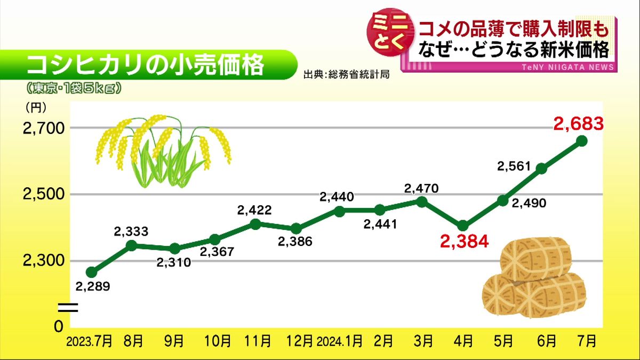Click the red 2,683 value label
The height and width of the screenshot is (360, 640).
click(x=578, y=124)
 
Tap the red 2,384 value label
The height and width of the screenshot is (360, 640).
click(x=464, y=242)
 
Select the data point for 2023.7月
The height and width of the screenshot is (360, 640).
click(x=92, y=272)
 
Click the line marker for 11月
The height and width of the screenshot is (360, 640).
click(x=255, y=224)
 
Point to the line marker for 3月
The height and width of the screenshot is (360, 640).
click(x=421, y=202)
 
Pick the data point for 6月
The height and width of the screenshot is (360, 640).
click(x=541, y=169)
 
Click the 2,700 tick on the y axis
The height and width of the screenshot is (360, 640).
click(x=43, y=129)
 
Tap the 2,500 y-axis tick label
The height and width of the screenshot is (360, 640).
click(x=43, y=195)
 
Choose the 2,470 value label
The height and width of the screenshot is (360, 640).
click(x=421, y=188)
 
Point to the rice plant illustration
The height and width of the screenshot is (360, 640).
click(x=163, y=149)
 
